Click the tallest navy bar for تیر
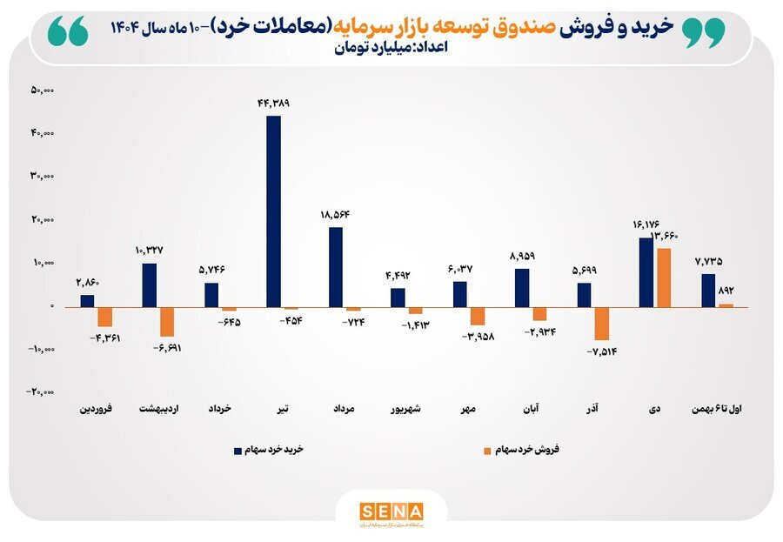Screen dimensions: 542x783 click(x=273, y=211)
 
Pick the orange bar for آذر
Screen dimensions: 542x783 click(x=601, y=323)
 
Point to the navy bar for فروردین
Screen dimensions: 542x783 click(x=87, y=300)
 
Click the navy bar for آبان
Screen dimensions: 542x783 click(x=522, y=287)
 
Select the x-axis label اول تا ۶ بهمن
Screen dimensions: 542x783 click(x=721, y=407)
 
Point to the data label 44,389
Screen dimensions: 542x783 click(x=273, y=103)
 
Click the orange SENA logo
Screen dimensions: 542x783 click(x=391, y=510)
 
